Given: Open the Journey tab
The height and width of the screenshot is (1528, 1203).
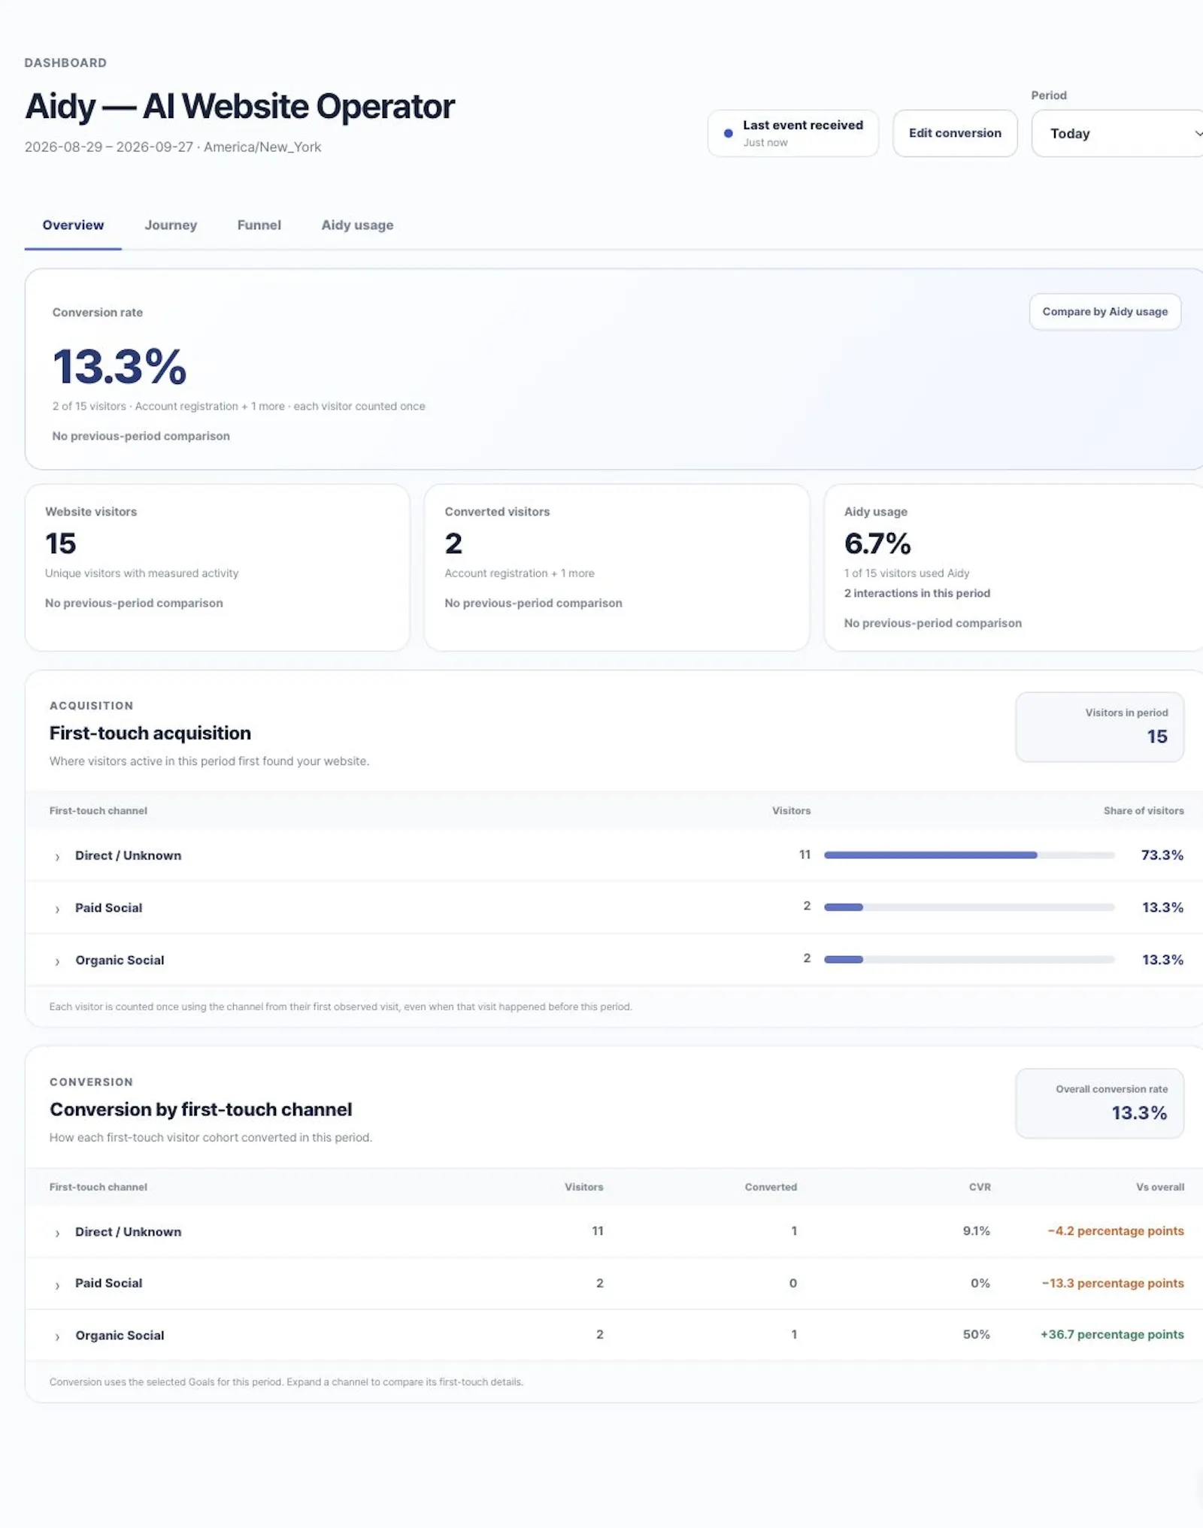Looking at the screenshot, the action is coord(171,225).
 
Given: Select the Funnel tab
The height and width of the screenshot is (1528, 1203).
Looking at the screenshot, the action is coord(259,225).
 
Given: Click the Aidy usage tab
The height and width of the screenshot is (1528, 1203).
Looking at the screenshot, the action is coord(357,225).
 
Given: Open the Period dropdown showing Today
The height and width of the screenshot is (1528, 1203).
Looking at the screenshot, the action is coord(1118,133).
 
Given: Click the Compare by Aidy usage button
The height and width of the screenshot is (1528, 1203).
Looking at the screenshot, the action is coord(1105,311).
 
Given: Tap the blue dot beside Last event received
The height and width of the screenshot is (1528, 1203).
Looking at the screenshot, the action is coord(728,133).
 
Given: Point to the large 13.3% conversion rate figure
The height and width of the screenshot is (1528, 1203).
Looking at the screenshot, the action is coord(120,367).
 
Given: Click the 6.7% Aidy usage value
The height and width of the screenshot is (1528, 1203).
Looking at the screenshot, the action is coord(877,543).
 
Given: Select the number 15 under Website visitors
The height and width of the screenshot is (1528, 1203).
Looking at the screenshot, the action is coord(60,543).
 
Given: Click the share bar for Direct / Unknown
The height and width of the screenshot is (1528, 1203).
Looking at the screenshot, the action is coord(969,855).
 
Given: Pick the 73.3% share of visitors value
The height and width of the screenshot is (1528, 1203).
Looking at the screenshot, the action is coord(1162,855).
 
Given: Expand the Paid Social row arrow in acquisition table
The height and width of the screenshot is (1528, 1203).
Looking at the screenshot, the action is coord(57,909).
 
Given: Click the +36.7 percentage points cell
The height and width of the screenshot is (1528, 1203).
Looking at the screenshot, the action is coord(1112,1334).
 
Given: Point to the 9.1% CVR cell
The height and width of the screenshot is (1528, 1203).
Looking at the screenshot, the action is coord(976,1230).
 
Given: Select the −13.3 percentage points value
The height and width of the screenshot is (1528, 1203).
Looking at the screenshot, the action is coord(1113,1283).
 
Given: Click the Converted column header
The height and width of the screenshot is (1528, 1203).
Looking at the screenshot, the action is coord(771,1187).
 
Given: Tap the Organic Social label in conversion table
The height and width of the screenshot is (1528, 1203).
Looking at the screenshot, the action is coord(120,1335).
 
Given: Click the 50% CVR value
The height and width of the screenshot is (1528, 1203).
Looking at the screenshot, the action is coord(976,1334).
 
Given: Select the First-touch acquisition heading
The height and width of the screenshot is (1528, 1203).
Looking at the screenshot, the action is coord(150,733).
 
